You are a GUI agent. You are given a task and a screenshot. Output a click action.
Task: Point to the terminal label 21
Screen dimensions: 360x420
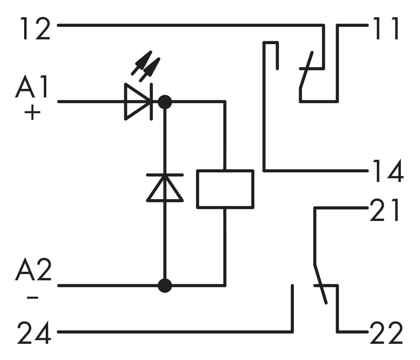pyautogui.click(x=385, y=210)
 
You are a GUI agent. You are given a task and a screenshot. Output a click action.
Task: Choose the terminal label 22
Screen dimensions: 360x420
pyautogui.click(x=386, y=333)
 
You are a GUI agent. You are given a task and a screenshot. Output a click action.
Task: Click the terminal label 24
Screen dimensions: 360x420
pyautogui.click(x=34, y=332)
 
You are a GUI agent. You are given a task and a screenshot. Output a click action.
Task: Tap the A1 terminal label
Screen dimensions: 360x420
pyautogui.click(x=32, y=87)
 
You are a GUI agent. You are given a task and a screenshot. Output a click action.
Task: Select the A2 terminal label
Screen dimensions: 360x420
pyautogui.click(x=33, y=270)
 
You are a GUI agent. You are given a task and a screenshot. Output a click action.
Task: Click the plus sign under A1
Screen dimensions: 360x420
pyautogui.click(x=32, y=113)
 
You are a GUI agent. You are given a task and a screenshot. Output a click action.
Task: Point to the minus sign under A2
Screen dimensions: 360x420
pyautogui.click(x=32, y=298)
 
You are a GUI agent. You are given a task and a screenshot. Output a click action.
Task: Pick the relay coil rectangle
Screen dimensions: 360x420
pyautogui.click(x=225, y=189)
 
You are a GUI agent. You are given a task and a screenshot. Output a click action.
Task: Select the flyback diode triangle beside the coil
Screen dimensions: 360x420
pyautogui.click(x=165, y=189)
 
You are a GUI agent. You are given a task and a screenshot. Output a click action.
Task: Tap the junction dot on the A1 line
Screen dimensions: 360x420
pyautogui.click(x=165, y=102)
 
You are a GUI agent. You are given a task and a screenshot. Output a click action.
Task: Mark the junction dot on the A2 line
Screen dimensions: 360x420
pyautogui.click(x=165, y=285)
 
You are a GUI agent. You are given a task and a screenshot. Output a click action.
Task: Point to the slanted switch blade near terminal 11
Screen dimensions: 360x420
pyautogui.click(x=306, y=70)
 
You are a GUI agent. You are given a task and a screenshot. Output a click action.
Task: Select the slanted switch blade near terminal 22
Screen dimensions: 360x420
pyautogui.click(x=320, y=284)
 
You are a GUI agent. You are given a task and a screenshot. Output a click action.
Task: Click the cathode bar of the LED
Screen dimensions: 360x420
pyautogui.click(x=152, y=102)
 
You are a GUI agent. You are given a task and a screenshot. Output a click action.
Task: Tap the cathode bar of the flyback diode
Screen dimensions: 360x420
pyautogui.click(x=165, y=175)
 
